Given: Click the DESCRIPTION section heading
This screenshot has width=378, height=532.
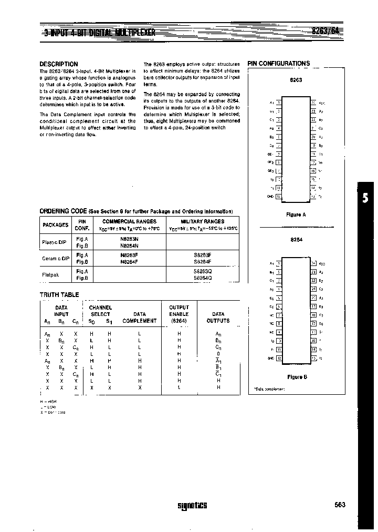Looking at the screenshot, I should pyautogui.click(x=59, y=64).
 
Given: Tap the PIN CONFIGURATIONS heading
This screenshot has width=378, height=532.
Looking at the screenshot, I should pyautogui.click(x=279, y=64).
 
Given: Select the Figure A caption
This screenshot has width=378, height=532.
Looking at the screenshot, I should pyautogui.click(x=296, y=214).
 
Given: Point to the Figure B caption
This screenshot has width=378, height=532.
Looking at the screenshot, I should pyautogui.click(x=296, y=377).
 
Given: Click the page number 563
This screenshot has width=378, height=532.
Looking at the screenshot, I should pyautogui.click(x=340, y=505).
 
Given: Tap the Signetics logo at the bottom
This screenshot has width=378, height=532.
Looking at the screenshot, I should pyautogui.click(x=192, y=506).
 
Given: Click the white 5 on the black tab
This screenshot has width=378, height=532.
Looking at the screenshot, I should pyautogui.click(x=365, y=199).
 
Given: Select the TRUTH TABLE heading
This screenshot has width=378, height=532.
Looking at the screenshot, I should pyautogui.click(x=59, y=295).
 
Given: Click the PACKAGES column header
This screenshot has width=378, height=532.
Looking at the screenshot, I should pyautogui.click(x=55, y=225).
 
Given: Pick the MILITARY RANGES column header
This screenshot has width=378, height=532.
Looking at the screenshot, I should pyautogui.click(x=202, y=221).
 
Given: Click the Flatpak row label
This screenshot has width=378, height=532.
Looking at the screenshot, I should pyautogui.click(x=51, y=274).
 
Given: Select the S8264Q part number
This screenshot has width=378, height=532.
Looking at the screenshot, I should pyautogui.click(x=202, y=277).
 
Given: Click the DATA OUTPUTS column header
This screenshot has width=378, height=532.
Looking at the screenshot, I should pyautogui.click(x=218, y=318).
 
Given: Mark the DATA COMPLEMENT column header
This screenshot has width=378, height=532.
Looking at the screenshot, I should pyautogui.click(x=139, y=318).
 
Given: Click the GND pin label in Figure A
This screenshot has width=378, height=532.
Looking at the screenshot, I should pyautogui.click(x=271, y=197).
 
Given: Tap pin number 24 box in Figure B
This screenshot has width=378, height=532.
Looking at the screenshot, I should pyautogui.click(x=314, y=263).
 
